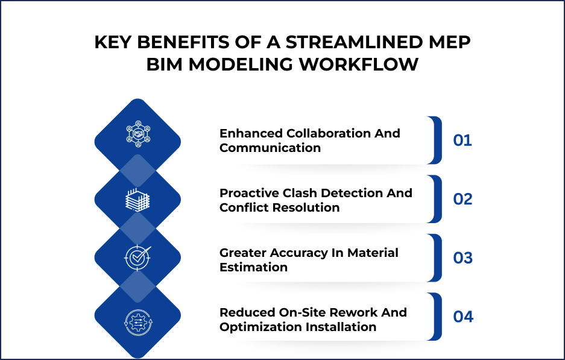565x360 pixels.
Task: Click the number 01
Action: tap(462, 141)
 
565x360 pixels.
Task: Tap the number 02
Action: tap(462, 199)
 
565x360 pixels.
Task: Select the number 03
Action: tap(462, 258)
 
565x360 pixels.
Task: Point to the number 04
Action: tap(462, 317)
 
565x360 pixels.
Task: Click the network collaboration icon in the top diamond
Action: tap(138, 135)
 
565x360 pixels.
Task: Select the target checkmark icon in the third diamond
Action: tap(138, 258)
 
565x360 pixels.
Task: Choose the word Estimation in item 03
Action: tap(253, 267)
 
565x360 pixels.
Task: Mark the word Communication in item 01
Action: tap(270, 148)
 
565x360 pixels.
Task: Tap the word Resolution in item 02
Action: tap(308, 207)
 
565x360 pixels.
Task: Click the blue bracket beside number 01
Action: tap(437, 141)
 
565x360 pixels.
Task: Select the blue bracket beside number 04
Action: tap(437, 317)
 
